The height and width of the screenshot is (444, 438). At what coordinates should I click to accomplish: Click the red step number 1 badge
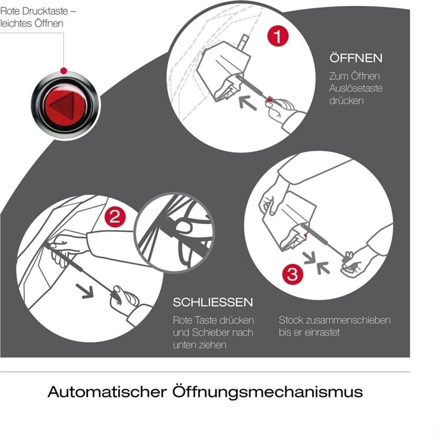(x=278, y=36)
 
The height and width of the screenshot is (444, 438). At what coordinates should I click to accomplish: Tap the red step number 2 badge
(x=115, y=217)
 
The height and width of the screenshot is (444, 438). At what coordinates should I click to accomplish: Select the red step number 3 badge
(x=292, y=274)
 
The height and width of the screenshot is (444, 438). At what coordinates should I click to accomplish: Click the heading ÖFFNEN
(x=356, y=58)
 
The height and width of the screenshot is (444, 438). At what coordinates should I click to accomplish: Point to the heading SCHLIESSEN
(x=213, y=302)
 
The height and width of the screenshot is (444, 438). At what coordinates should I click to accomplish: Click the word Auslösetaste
(x=356, y=88)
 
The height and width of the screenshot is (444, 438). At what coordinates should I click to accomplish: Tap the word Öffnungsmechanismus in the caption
(x=267, y=392)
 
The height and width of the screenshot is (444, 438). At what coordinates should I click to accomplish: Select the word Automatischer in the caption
(x=107, y=392)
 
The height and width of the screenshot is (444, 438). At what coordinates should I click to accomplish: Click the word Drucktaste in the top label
(x=45, y=11)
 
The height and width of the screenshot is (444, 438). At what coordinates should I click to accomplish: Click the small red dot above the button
(x=64, y=71)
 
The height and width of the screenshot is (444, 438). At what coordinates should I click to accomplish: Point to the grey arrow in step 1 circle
(x=247, y=102)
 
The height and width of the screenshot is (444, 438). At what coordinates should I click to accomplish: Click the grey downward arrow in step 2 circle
(x=85, y=291)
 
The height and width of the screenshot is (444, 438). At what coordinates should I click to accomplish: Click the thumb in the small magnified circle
(x=184, y=227)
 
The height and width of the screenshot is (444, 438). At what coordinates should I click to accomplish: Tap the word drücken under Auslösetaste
(x=346, y=101)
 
